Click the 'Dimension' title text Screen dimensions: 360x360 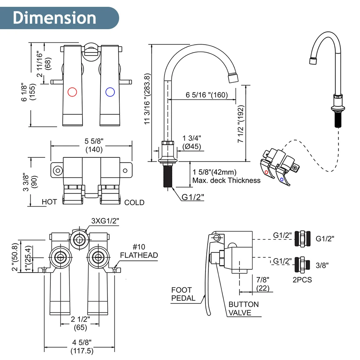point(54,18)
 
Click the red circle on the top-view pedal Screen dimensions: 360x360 point(72,92)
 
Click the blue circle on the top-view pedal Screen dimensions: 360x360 point(110,92)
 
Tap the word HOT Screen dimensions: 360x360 point(49,202)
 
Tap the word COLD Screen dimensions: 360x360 point(134,203)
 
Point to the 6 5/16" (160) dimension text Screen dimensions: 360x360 point(207,95)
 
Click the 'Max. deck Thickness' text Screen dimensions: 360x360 point(226,180)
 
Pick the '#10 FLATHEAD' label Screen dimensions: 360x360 point(139,251)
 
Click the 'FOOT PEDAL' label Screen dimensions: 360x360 point(183,294)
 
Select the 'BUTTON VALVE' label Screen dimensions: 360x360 point(243,309)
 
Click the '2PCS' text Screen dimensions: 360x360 point(302,279)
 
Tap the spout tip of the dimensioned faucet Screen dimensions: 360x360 point(233,77)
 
